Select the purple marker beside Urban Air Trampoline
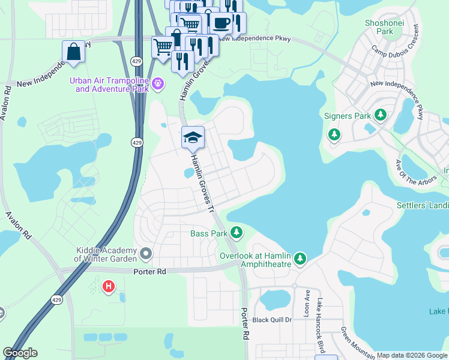pyautogui.click(x=158, y=83)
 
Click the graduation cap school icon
pyautogui.click(x=193, y=137)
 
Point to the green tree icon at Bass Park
pyautogui.click(x=237, y=232)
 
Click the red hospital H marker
pyautogui.click(x=109, y=287)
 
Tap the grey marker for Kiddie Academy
pyautogui.click(x=145, y=255)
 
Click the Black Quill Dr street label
pyautogui.click(x=271, y=320)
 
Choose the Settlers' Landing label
pyautogui.click(x=423, y=205)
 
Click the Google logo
pyautogui.click(x=20, y=353)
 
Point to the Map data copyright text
pyautogui.click(x=412, y=355)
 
